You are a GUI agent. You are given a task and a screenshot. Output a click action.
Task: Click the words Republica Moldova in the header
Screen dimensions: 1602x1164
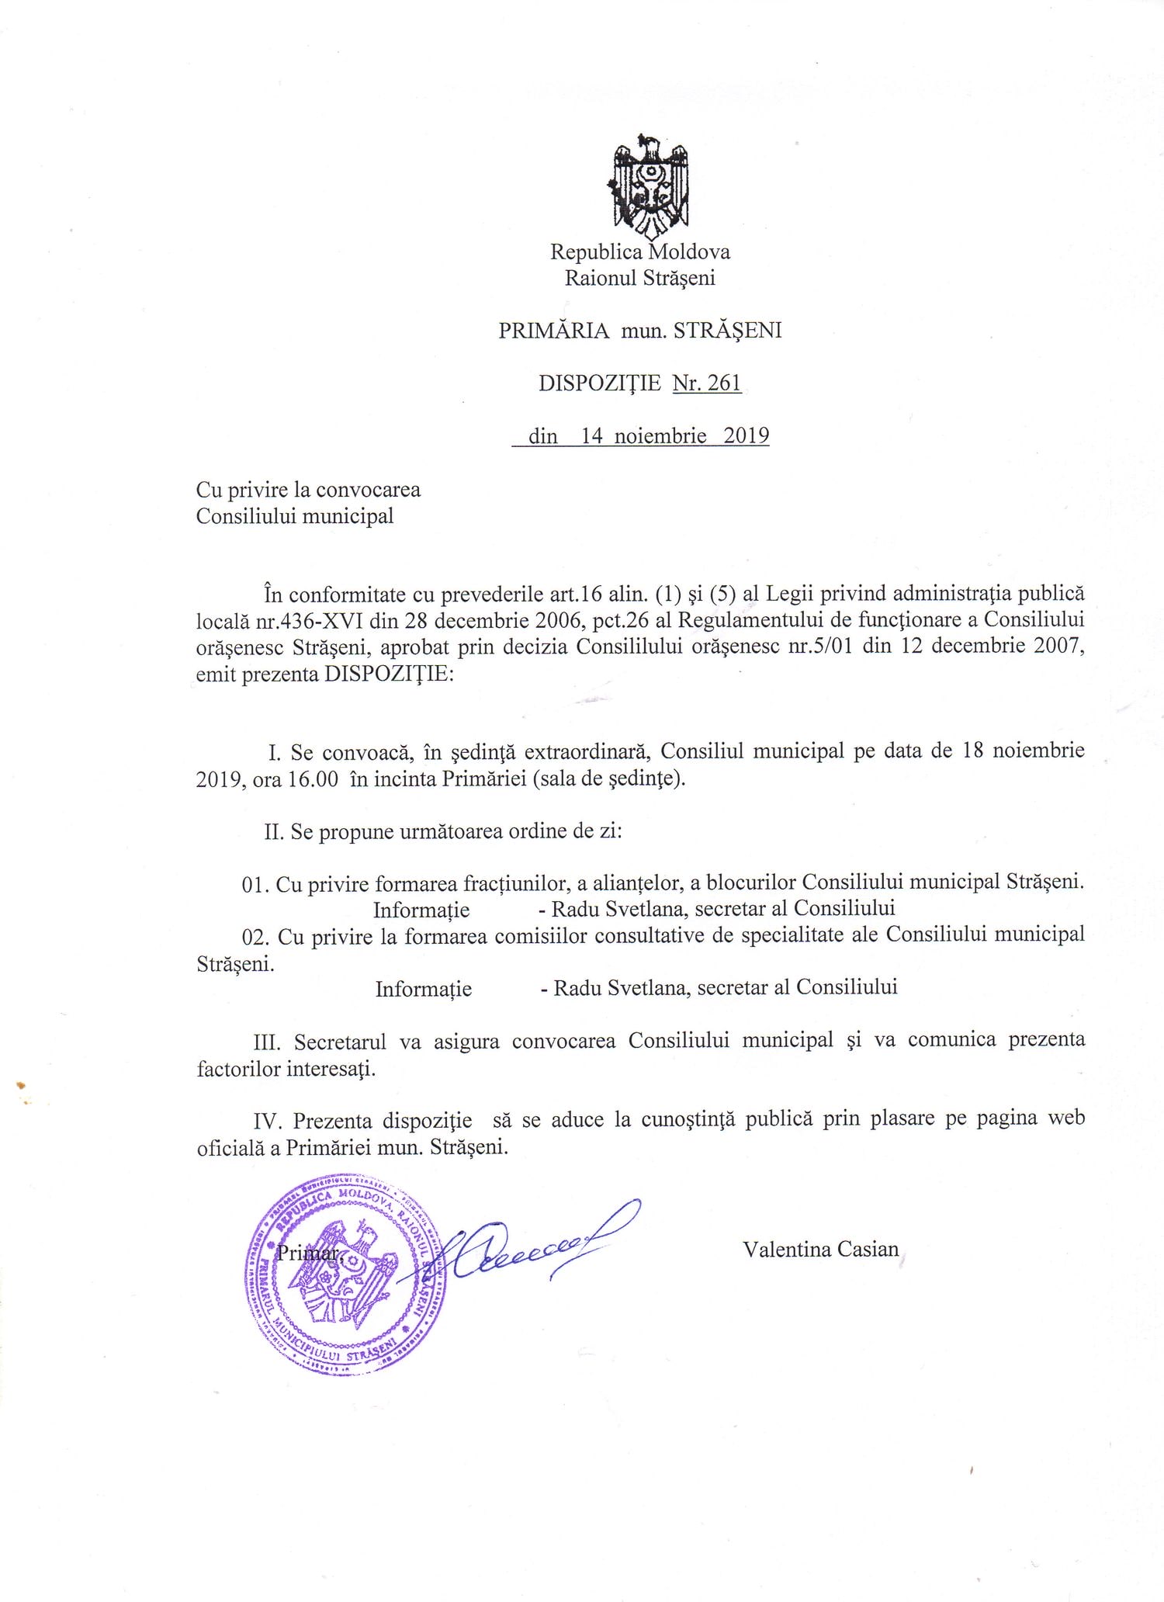point(639,252)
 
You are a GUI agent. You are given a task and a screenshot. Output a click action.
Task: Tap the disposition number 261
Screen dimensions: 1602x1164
point(724,383)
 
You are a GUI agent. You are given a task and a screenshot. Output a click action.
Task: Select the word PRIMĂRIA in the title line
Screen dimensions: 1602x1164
point(553,331)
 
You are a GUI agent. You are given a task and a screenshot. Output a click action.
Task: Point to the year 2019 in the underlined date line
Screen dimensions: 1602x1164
point(746,436)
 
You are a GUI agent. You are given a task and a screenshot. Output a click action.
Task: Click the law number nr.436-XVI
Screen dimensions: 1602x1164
point(310,621)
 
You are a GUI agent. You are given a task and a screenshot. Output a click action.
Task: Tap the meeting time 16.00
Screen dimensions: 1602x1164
point(313,779)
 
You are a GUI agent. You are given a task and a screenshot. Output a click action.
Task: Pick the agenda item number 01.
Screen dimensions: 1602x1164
point(255,885)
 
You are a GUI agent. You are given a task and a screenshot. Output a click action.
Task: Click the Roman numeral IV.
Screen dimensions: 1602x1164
point(267,1122)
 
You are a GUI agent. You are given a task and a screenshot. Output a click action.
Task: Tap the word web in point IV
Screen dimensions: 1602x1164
point(1065,1118)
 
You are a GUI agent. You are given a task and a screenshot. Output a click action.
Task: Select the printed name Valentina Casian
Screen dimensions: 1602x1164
point(820,1250)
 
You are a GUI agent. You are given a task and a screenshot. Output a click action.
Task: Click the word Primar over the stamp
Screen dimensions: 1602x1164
point(307,1253)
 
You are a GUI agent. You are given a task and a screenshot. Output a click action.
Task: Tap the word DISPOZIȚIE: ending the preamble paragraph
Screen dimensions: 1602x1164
point(388,674)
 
